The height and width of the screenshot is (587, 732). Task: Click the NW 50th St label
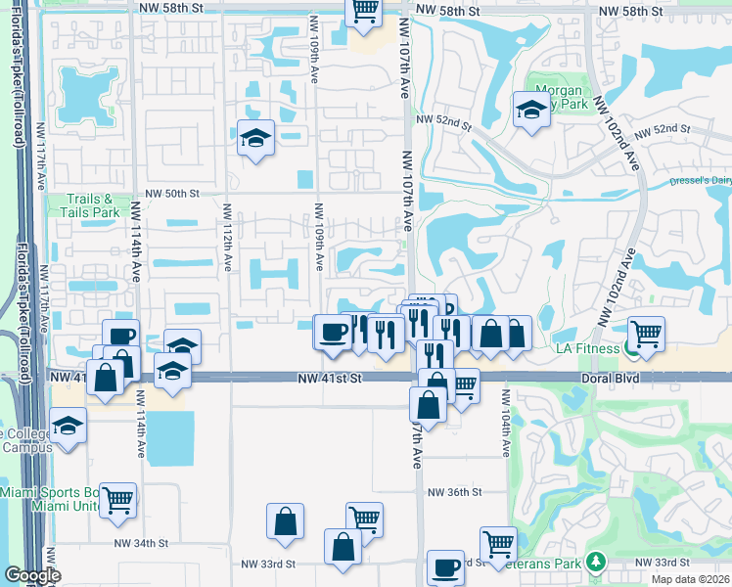(x=175, y=194)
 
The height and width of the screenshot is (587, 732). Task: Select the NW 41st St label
(x=331, y=377)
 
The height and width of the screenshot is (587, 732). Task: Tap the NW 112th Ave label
(x=226, y=239)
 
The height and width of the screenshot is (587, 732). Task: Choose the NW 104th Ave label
(x=506, y=424)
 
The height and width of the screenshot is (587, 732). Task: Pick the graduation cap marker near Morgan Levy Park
(x=531, y=109)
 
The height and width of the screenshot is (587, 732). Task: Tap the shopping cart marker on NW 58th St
(x=364, y=11)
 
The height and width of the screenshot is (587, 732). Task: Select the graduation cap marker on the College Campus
(x=68, y=427)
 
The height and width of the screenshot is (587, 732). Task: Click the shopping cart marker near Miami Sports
(x=118, y=500)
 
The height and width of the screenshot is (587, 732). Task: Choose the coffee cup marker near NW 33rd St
(x=446, y=567)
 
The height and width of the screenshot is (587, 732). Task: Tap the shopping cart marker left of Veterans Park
(x=498, y=543)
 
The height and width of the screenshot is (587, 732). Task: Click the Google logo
(x=32, y=575)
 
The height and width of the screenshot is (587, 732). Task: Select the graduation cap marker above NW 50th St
(x=255, y=137)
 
